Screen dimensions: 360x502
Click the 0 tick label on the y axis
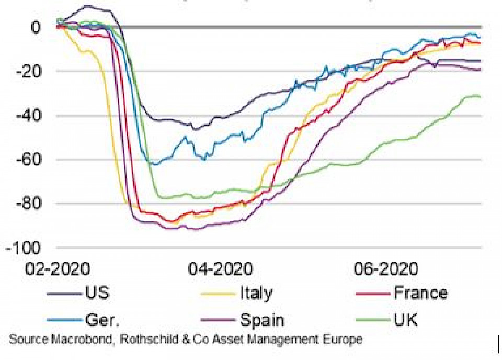click(35, 27)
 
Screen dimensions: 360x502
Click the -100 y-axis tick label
click(24, 248)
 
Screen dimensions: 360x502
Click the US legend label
click(97, 292)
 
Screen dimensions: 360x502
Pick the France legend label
click(420, 292)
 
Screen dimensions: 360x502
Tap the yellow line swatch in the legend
click(219, 293)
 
